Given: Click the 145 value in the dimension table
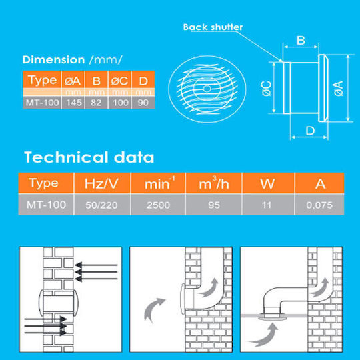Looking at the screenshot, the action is tap(74, 103).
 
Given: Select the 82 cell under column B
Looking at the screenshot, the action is tap(96, 103).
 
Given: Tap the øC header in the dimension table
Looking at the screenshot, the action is tap(119, 81).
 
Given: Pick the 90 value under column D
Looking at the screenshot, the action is tap(143, 103).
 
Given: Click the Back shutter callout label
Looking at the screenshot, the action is tap(213, 27).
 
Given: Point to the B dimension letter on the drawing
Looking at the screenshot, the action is tap(301, 41).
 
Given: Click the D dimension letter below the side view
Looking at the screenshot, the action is tap(310, 131).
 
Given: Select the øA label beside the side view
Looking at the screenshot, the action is tap(339, 89).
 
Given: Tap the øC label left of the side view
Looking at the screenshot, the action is tap(267, 89).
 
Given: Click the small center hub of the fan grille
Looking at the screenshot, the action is tap(207, 89).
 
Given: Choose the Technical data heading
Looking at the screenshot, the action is tap(89, 157).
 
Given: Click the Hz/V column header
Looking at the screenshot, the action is tap(101, 184).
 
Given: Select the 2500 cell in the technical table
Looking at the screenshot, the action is tap(158, 205).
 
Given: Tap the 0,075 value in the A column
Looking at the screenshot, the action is tap(319, 205).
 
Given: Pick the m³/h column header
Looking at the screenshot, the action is tap(214, 183).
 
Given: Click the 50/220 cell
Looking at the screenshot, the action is tap(101, 205).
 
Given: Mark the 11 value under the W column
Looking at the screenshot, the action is tap(266, 205).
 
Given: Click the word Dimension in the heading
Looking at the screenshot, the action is tap(54, 60).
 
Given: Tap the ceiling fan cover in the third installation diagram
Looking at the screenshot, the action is tap(273, 318).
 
